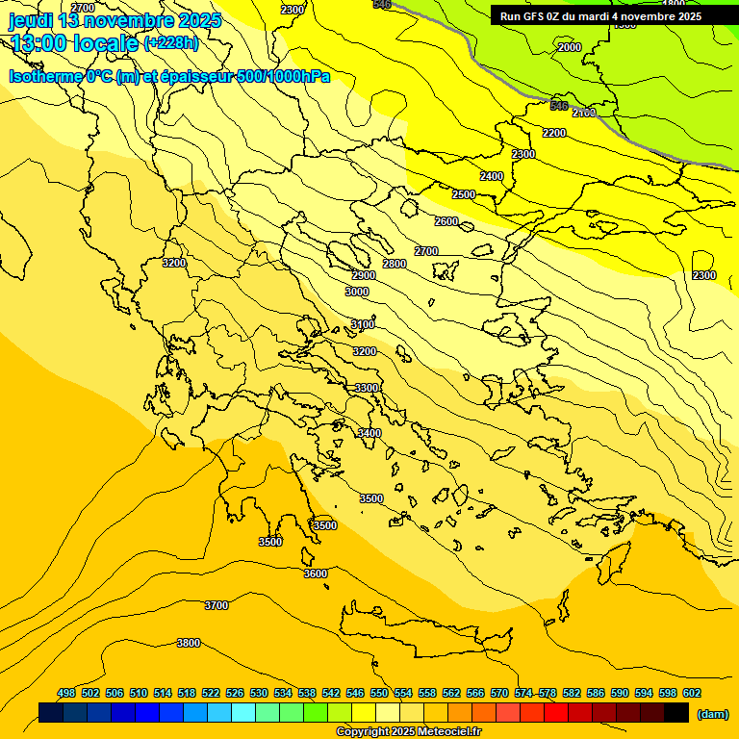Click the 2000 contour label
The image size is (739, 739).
click(570, 47)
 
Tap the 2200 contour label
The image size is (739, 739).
click(554, 133)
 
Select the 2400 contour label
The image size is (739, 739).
click(492, 176)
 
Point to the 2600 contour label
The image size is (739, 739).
click(446, 221)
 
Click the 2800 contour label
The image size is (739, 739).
click(395, 264)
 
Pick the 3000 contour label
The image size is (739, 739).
click(357, 292)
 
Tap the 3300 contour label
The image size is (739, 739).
click(367, 388)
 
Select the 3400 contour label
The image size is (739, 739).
click(369, 434)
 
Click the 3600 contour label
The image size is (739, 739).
click(316, 573)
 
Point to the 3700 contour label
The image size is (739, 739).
click(217, 605)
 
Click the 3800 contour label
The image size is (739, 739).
click(189, 643)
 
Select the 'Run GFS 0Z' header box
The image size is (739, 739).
click(601, 16)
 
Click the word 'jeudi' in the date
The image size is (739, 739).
click(31, 20)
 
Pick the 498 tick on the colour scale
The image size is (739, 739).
click(66, 693)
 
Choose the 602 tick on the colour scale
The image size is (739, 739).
click(692, 693)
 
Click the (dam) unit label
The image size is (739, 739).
click(713, 714)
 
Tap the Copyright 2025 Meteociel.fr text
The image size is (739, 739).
click(409, 732)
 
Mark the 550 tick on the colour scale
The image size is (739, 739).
click(379, 693)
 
